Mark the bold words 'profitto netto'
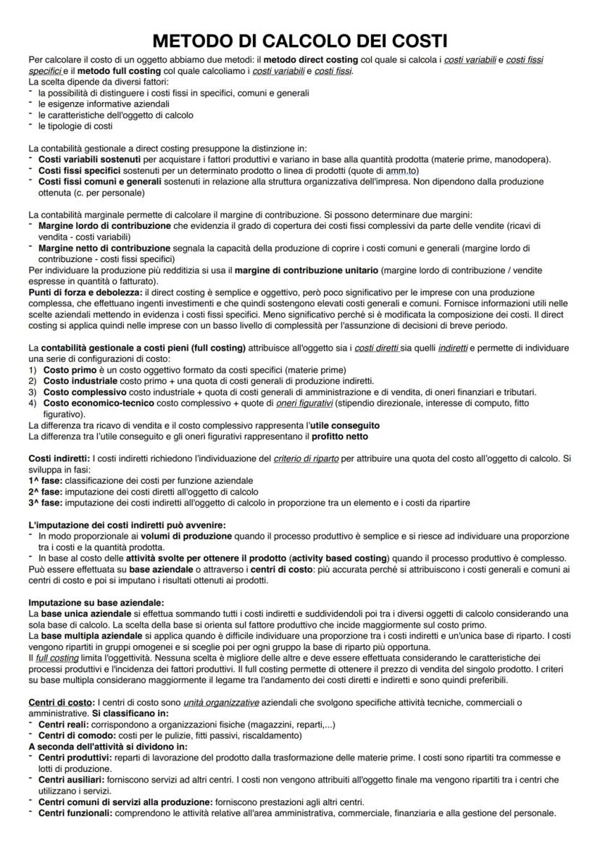(340, 437)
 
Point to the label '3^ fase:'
(44, 502)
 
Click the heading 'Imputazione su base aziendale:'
(96, 601)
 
